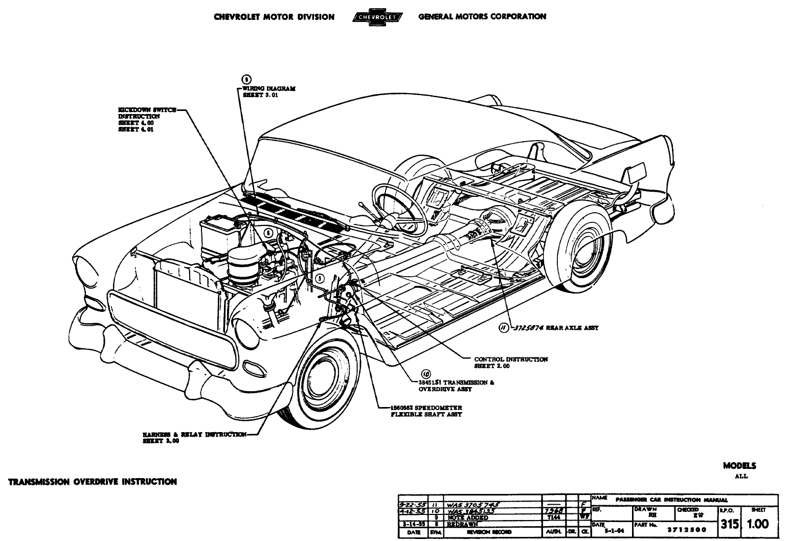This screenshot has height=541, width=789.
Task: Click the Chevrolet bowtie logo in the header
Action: click(x=376, y=17)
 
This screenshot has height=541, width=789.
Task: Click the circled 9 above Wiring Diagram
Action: click(x=245, y=79)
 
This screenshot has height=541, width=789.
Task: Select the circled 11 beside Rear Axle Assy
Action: click(x=504, y=328)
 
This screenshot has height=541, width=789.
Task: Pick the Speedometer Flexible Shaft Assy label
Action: click(x=424, y=411)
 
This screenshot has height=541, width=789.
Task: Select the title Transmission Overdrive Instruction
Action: click(x=93, y=481)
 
